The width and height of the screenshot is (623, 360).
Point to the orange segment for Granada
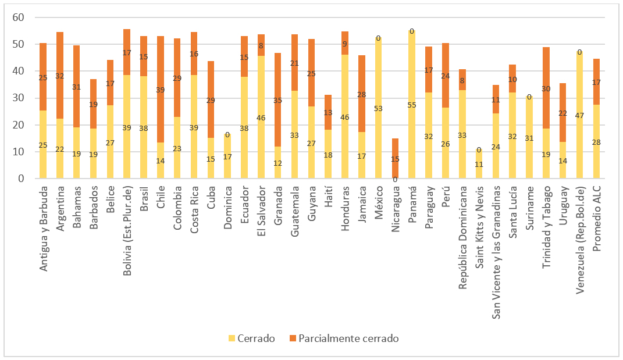[277, 99]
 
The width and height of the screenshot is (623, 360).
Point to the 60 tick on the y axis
[19, 17]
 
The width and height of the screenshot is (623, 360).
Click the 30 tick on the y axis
[19, 98]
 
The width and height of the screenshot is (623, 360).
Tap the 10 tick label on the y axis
[19, 152]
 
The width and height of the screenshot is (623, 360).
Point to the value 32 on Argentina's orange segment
[60, 76]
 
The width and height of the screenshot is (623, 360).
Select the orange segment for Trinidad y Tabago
[546, 88]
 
